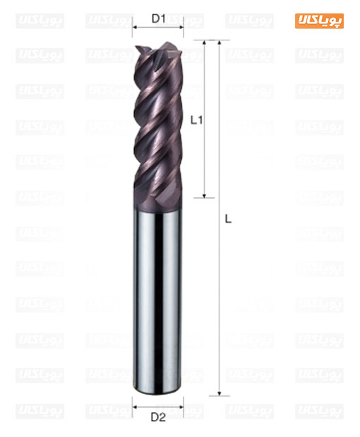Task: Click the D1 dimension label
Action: click(x=159, y=18)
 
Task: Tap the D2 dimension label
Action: click(x=158, y=417)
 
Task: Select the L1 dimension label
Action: click(x=196, y=120)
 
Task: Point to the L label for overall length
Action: click(x=228, y=220)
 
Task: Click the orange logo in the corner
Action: click(x=319, y=21)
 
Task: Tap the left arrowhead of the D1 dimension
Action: click(x=134, y=27)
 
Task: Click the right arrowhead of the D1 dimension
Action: click(x=181, y=27)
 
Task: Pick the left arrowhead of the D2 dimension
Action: click(x=134, y=407)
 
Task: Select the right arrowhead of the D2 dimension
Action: click(x=181, y=407)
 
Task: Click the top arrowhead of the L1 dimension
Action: click(x=204, y=42)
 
